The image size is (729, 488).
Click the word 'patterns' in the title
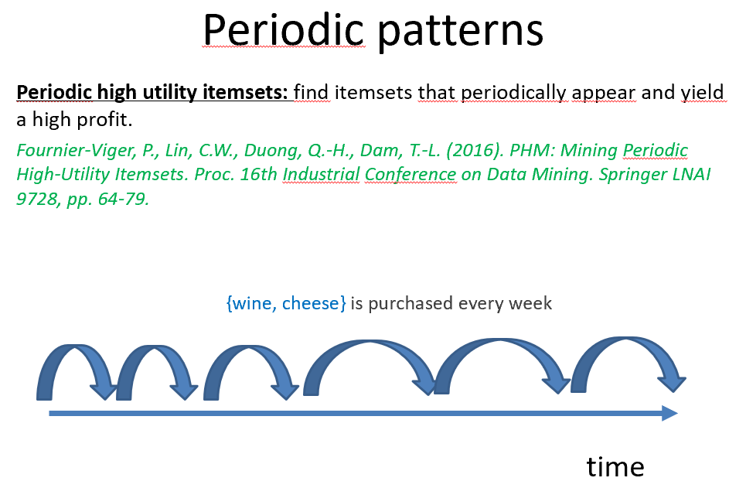click(x=460, y=32)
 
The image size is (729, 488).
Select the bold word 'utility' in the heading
click(x=170, y=93)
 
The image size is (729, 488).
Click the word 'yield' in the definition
click(x=702, y=93)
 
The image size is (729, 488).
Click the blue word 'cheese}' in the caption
click(x=314, y=303)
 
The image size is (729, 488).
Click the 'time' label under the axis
click(x=615, y=466)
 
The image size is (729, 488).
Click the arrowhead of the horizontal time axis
click(x=670, y=413)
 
